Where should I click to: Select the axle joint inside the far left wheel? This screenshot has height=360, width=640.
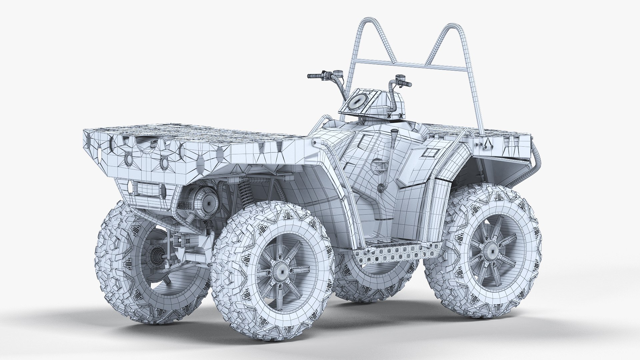157,257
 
